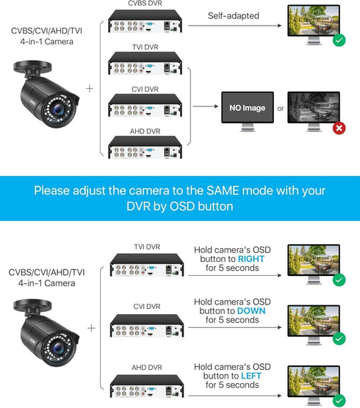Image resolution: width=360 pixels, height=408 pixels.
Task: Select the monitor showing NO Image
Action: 245,109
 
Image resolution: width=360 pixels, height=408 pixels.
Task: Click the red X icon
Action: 339,129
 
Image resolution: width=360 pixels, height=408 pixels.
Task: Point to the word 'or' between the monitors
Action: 281,109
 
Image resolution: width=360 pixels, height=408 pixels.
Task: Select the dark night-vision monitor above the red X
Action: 312,108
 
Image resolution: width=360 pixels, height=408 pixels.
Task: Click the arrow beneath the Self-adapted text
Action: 235,26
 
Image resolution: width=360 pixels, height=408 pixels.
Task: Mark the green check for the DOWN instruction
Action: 339,338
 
